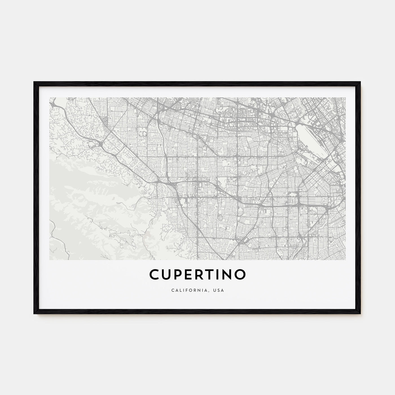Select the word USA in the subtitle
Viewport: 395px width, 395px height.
click(x=219, y=290)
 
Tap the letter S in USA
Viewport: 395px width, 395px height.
click(x=219, y=290)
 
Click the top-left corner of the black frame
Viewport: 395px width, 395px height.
click(x=34, y=82)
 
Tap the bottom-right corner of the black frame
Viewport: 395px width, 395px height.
click(x=361, y=314)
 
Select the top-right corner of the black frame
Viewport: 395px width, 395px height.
click(x=361, y=82)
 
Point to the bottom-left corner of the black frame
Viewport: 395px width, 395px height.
click(x=34, y=314)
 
